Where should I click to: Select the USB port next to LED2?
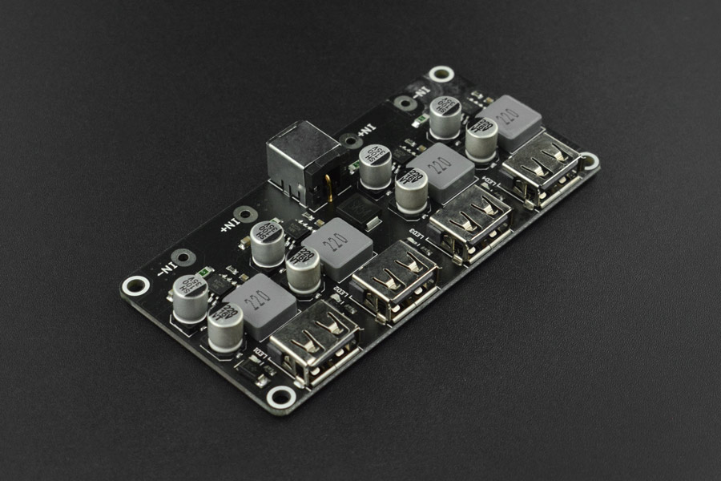(x=395, y=281)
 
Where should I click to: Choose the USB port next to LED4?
(x=542, y=169)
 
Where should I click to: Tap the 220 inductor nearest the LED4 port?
(x=509, y=122)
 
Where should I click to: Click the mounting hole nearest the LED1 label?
(x=281, y=396)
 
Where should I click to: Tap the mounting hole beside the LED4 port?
(x=589, y=161)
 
